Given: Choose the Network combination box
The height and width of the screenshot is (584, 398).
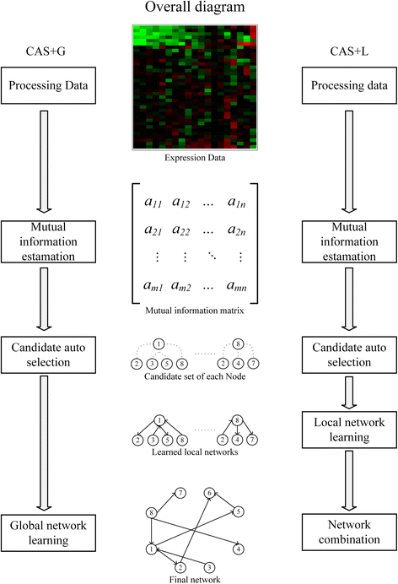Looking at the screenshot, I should point(348,529).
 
